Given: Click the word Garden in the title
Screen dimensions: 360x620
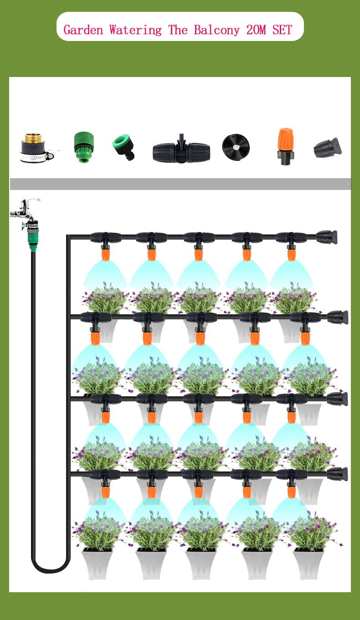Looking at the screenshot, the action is tap(83, 30).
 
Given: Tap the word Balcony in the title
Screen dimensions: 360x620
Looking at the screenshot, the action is tap(216, 30).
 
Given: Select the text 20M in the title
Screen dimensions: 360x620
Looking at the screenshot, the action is tap(256, 30).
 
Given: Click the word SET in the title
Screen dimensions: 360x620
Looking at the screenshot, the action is tap(282, 30).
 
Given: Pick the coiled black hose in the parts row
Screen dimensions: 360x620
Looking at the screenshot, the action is tap(236, 147).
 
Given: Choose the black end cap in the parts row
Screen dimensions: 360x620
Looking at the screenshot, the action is tap(327, 148).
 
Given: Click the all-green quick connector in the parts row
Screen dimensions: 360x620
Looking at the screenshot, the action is tap(83, 147).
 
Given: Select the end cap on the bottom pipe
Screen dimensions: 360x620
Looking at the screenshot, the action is tap(337, 474).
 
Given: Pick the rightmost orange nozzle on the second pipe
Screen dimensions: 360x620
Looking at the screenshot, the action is tap(305, 337).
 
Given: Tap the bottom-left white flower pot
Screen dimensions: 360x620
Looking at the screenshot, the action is tap(97, 565).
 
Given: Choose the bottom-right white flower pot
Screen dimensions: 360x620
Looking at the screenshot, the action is tap(308, 565).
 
